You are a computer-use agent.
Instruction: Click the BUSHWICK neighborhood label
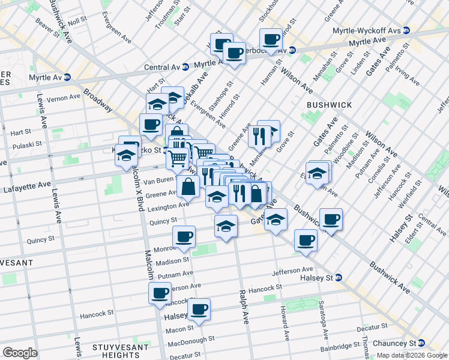(329, 104)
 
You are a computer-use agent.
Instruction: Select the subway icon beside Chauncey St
(422, 343)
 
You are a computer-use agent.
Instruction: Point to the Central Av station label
(162, 67)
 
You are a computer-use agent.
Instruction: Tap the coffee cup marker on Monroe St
(184, 236)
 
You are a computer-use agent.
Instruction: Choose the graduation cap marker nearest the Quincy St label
(225, 226)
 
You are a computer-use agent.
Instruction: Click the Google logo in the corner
(20, 353)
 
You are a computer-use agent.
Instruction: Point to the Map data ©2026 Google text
(412, 355)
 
